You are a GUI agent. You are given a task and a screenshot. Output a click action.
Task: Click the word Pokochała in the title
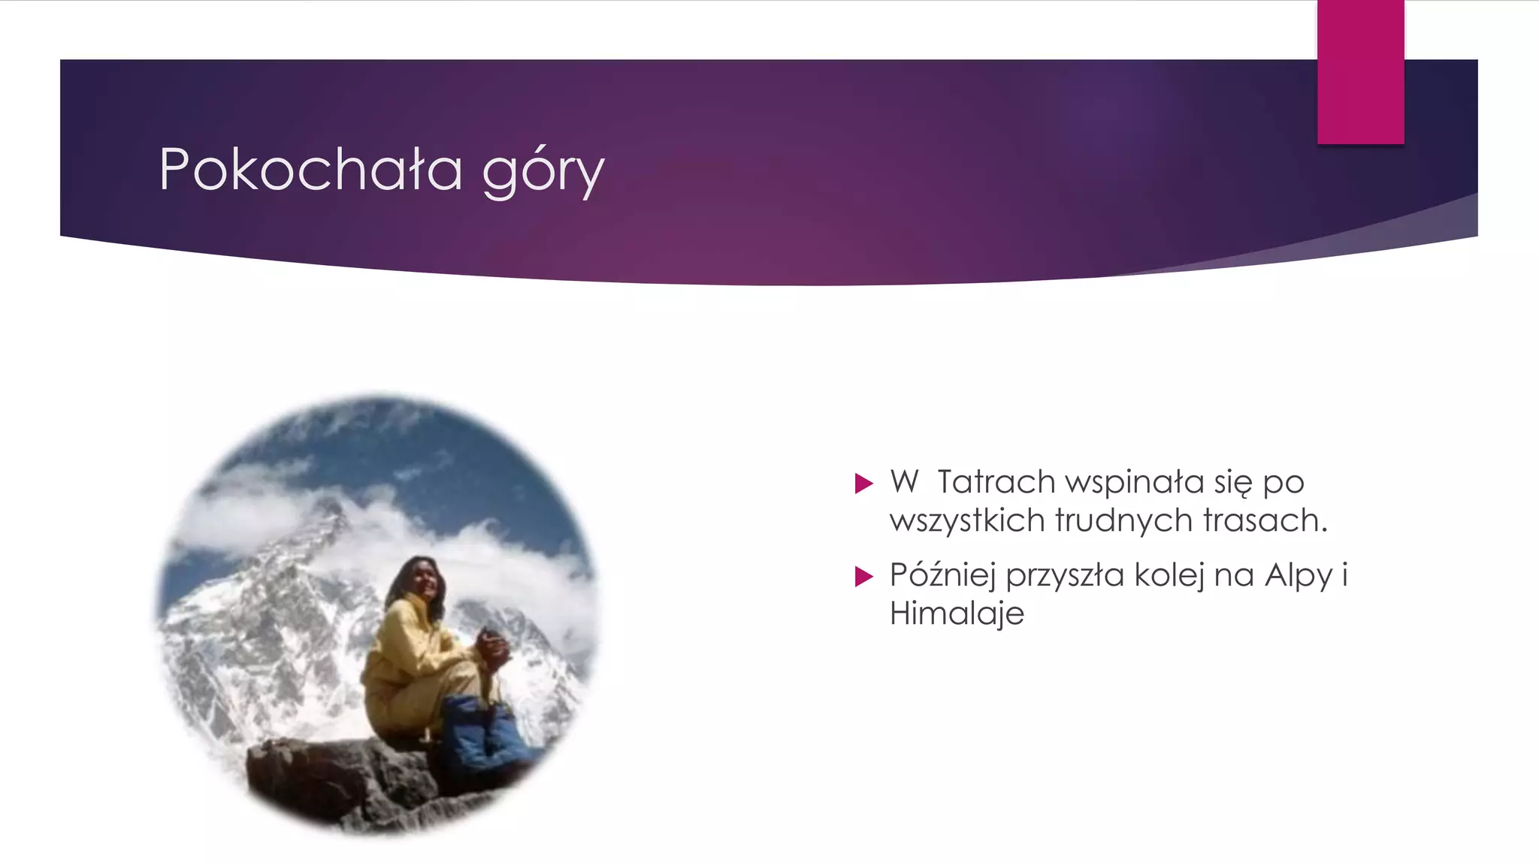click(x=310, y=170)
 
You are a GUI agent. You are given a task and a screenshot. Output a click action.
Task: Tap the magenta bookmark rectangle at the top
click(x=1360, y=71)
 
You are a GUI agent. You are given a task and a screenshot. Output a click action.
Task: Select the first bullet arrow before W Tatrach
click(x=864, y=483)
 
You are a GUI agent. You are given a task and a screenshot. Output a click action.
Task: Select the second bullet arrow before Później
click(x=864, y=577)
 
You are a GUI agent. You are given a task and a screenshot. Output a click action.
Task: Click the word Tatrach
click(x=996, y=482)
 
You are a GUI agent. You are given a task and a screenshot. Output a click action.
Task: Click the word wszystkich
click(x=967, y=521)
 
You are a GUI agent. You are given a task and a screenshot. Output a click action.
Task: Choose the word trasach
click(x=1265, y=521)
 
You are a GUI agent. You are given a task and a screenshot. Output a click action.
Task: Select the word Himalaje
click(x=957, y=614)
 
